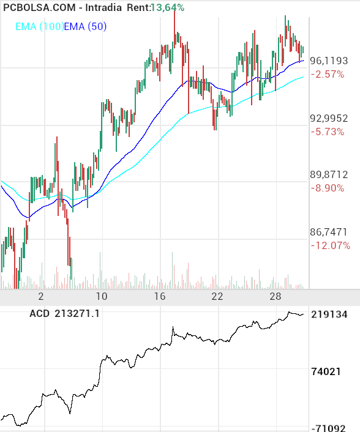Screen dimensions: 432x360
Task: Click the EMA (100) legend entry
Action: pyautogui.click(x=39, y=26)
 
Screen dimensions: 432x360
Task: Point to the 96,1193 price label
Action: pyautogui.click(x=329, y=61)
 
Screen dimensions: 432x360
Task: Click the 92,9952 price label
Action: pyautogui.click(x=329, y=119)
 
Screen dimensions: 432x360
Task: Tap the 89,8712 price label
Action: pyautogui.click(x=329, y=175)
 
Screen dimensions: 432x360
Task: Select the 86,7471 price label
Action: pyautogui.click(x=329, y=233)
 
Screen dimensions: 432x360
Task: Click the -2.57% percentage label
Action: pyautogui.click(x=327, y=74)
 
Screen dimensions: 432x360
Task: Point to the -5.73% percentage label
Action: pyautogui.click(x=327, y=132)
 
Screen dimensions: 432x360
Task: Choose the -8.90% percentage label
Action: pyautogui.click(x=327, y=188)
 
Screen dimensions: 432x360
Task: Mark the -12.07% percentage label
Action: pyautogui.click(x=331, y=245)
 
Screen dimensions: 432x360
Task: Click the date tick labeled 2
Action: pyautogui.click(x=41, y=297)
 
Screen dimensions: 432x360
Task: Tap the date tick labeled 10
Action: pyautogui.click(x=102, y=297)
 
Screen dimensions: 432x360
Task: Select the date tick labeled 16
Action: pyautogui.click(x=160, y=297)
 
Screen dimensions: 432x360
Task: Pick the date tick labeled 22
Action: pyautogui.click(x=217, y=297)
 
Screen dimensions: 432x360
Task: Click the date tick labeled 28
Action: pyautogui.click(x=276, y=297)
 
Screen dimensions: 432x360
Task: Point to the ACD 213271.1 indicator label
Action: pyautogui.click(x=64, y=314)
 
